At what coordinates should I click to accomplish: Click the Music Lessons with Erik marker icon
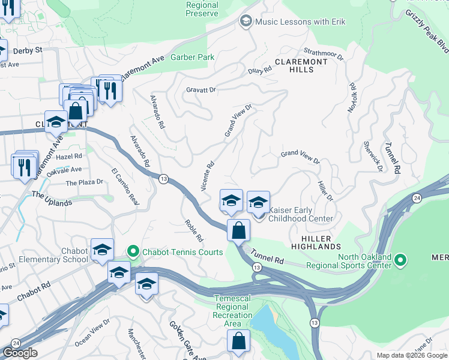coord(246,22)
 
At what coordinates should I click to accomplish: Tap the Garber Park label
coord(192,58)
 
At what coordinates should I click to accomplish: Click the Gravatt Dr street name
coord(200,90)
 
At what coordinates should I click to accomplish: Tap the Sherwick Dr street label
coord(372,156)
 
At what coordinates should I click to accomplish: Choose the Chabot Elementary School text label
coord(53,256)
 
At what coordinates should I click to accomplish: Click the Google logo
coord(20,353)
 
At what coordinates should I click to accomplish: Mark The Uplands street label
coord(52,199)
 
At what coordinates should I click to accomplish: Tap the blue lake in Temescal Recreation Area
coord(275,333)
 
